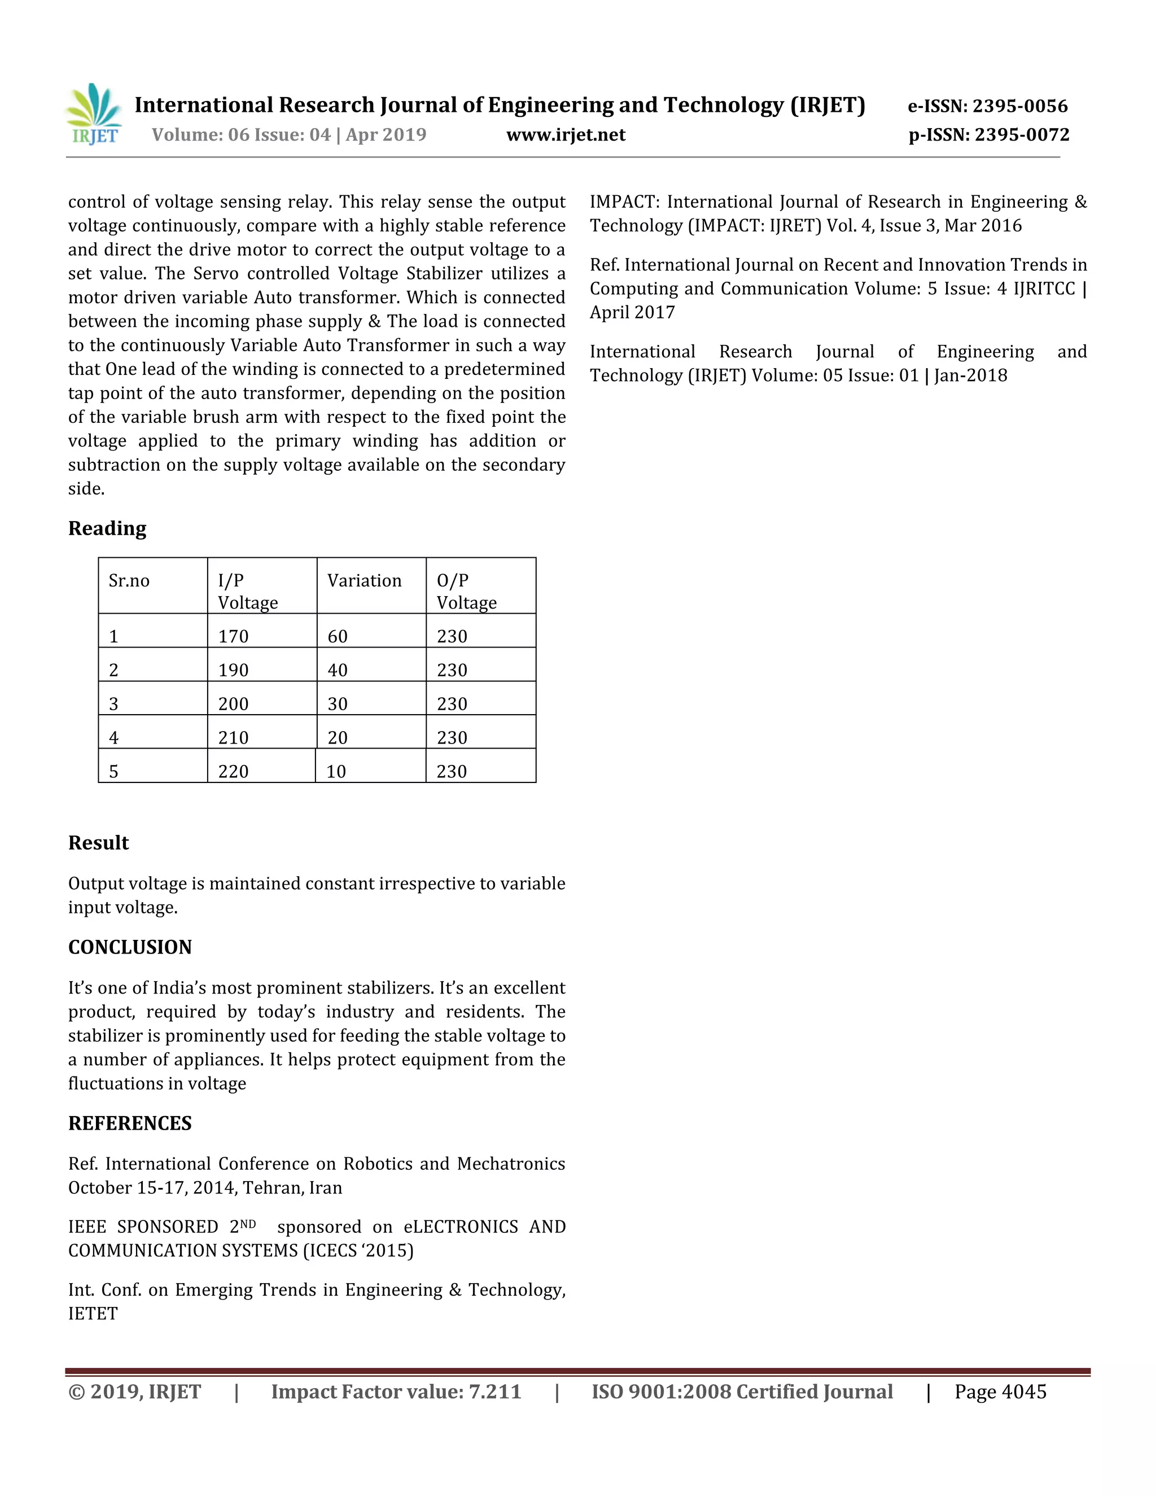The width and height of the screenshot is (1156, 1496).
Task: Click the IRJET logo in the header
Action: [94, 115]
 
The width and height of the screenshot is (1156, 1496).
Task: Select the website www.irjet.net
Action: [566, 135]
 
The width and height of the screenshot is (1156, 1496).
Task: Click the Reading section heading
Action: [107, 528]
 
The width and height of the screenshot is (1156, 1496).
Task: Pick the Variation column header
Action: [364, 581]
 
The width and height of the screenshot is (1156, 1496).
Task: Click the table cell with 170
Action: [234, 636]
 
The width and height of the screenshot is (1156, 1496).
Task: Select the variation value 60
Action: [338, 636]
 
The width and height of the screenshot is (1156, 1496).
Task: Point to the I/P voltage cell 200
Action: [234, 704]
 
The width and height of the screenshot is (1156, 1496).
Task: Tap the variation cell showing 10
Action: [336, 772]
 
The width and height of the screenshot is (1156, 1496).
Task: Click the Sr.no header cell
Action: [129, 581]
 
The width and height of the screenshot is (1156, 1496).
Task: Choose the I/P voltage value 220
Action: [234, 772]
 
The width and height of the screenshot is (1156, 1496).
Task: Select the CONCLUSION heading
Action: [129, 947]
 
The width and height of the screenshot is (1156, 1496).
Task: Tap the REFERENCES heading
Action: [129, 1123]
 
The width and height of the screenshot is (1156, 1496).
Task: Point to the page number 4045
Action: [1023, 1392]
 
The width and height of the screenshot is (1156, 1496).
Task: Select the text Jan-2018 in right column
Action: [970, 375]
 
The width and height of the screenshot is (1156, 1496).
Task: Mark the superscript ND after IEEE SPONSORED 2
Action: [248, 1223]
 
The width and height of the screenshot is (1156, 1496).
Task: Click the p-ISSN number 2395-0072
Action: [1022, 135]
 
